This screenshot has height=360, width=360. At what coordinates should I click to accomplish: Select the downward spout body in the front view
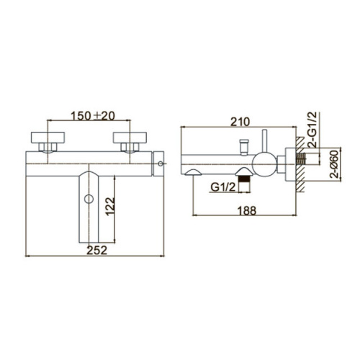pyautogui.click(x=89, y=209)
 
